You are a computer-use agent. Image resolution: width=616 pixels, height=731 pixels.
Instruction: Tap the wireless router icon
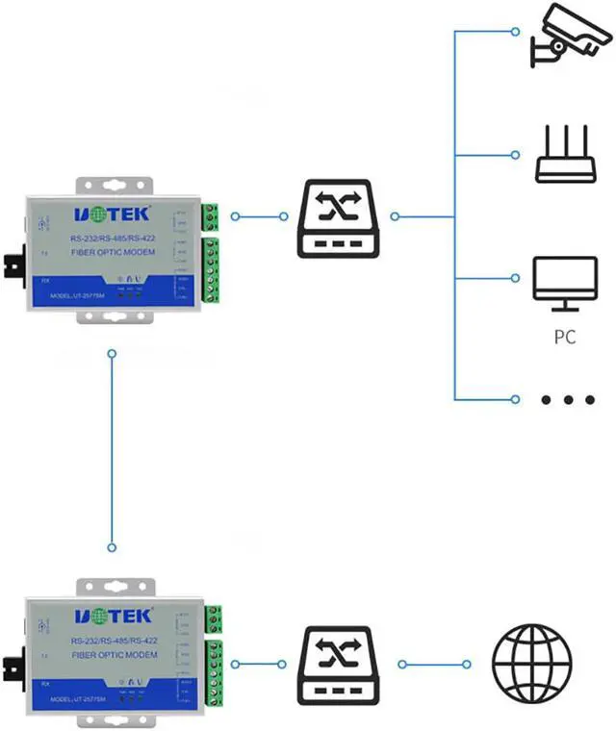565,156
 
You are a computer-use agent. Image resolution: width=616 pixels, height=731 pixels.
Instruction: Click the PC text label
564,338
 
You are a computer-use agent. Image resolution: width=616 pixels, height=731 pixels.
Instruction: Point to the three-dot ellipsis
564,399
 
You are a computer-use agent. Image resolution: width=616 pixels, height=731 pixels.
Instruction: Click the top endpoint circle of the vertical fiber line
113,355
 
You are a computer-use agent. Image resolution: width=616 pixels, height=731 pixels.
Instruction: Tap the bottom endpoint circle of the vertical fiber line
113,546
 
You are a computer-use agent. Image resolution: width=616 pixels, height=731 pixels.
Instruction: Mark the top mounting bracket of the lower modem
116,586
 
